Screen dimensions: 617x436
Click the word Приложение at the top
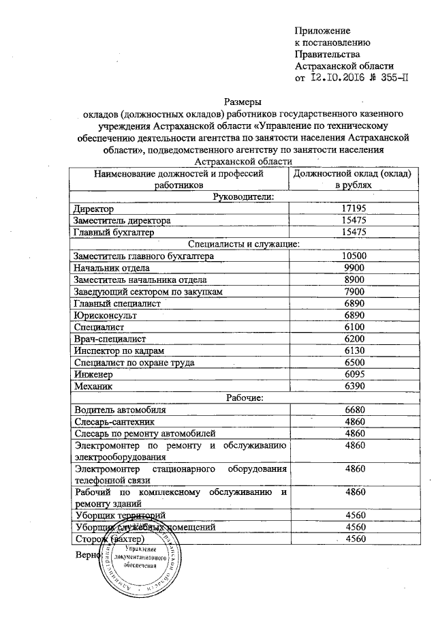click(322, 31)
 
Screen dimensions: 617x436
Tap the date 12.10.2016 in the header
click(339, 78)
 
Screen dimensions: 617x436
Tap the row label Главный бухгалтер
click(114, 232)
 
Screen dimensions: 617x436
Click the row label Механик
click(93, 387)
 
